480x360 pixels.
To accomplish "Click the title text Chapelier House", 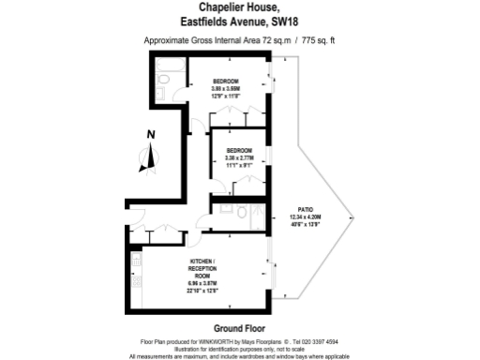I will pyautogui.click(x=239, y=7).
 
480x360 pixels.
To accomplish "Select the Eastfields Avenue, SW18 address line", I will pyautogui.click(x=239, y=22).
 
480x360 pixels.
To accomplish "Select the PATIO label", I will pyautogui.click(x=305, y=211).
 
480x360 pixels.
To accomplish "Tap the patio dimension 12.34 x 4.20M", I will pyautogui.click(x=305, y=218).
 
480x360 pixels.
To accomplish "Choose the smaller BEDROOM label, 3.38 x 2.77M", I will pyautogui.click(x=237, y=150).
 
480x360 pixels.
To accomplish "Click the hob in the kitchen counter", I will pyautogui.click(x=137, y=279).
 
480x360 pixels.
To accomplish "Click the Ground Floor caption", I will pyautogui.click(x=239, y=328).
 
